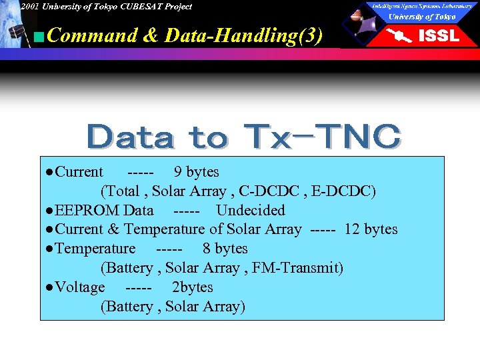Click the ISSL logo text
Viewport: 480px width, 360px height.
(x=438, y=36)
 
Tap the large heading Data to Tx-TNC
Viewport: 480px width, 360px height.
(x=244, y=137)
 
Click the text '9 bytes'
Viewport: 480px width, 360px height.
(x=196, y=172)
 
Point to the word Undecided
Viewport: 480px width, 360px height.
(x=250, y=211)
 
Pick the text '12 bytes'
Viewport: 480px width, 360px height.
(x=371, y=229)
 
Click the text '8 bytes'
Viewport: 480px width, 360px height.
(x=225, y=249)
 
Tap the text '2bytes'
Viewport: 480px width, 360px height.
(x=192, y=287)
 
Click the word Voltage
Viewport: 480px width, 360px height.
(x=80, y=287)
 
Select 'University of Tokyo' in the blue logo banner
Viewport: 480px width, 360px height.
(x=422, y=17)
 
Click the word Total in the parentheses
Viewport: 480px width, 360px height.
(x=123, y=191)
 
